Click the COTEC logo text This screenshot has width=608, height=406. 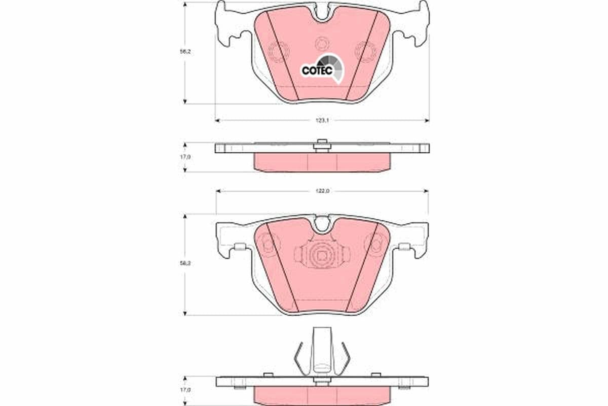click(317, 71)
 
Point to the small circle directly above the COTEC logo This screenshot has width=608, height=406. click(321, 45)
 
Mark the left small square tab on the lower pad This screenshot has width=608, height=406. click(241, 247)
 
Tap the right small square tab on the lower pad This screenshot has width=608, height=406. click(404, 247)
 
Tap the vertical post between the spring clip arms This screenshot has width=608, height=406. click(321, 350)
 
